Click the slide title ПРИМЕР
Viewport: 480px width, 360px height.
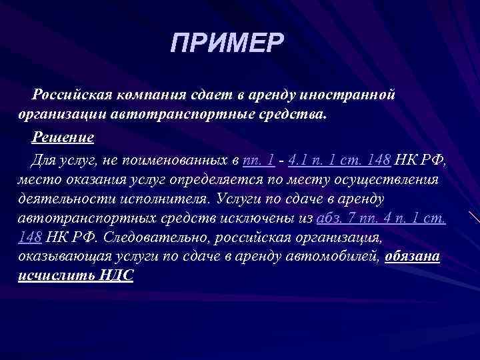227,44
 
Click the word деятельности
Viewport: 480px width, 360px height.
63,199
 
